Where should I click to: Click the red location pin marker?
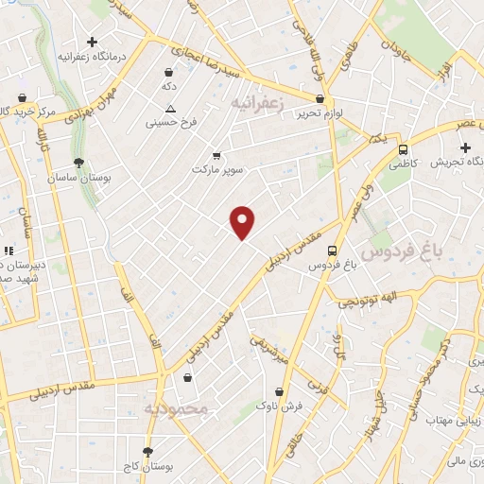(243, 221)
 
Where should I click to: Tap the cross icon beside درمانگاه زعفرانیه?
(92, 42)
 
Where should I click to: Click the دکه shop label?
(169, 86)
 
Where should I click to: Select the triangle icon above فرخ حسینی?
(170, 109)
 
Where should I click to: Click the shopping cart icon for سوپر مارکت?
(216, 155)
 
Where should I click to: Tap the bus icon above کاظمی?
(403, 149)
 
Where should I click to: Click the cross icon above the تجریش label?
(465, 147)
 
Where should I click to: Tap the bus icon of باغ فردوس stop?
(331, 251)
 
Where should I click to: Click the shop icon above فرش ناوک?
(279, 391)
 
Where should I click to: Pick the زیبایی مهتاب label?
(450, 419)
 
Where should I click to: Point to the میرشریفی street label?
(268, 349)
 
